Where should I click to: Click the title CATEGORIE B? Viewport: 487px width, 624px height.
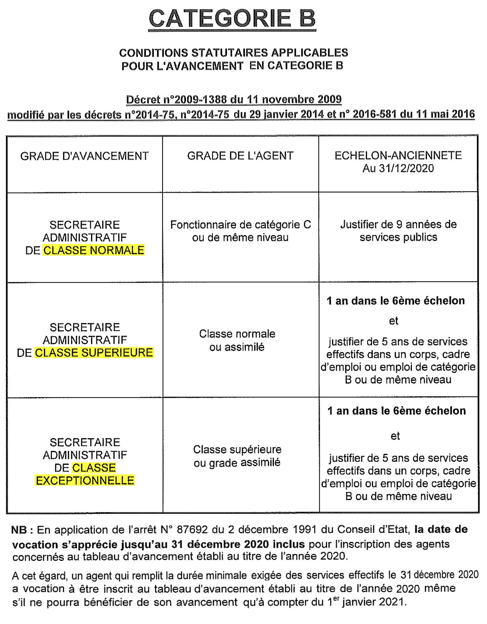click(x=232, y=18)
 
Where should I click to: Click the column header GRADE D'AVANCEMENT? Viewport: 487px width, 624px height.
click(x=84, y=156)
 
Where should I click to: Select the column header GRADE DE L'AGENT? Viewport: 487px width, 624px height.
click(x=240, y=156)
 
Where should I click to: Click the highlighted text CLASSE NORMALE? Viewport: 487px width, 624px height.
click(x=94, y=250)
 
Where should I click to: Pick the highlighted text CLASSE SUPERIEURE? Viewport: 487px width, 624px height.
click(x=94, y=353)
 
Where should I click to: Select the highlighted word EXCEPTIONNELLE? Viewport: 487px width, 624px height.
click(x=85, y=480)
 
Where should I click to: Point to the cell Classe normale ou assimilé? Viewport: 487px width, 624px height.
click(x=237, y=340)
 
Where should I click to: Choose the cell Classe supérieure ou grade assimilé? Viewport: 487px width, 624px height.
click(x=237, y=456)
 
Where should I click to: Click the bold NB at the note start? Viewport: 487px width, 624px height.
click(x=19, y=530)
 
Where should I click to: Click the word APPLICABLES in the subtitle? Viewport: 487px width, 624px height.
click(x=309, y=53)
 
